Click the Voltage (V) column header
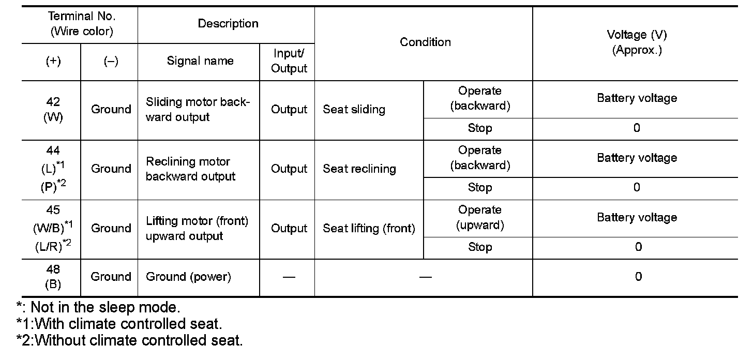point(637,42)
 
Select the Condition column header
point(425,42)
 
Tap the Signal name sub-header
point(200,61)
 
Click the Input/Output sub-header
point(289,61)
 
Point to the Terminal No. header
point(81,24)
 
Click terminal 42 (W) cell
point(53,110)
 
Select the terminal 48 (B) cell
point(53,277)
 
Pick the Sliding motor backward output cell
point(198,110)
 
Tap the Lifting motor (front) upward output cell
point(197,229)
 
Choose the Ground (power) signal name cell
point(188,277)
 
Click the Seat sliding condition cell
point(354,110)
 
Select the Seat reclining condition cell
point(359,169)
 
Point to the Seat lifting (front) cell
point(369,229)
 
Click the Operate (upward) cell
point(479,218)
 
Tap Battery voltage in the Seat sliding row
point(637,98)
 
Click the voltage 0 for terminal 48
point(638,277)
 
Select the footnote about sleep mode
point(98,307)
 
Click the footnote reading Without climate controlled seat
point(129,340)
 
